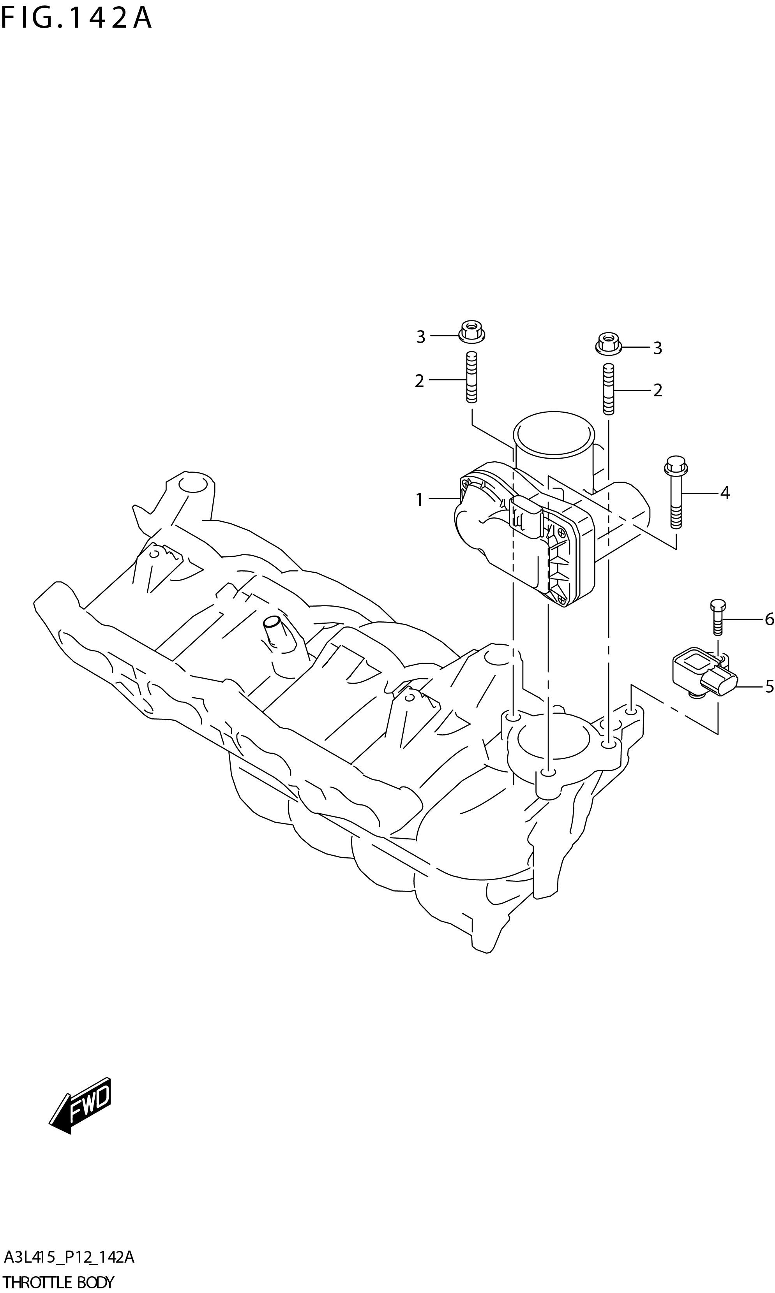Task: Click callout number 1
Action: pyautogui.click(x=419, y=500)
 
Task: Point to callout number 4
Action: pyautogui.click(x=724, y=493)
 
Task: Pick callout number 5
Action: pyautogui.click(x=769, y=687)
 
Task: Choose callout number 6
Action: pyautogui.click(x=769, y=619)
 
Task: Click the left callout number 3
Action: pyautogui.click(x=420, y=337)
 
